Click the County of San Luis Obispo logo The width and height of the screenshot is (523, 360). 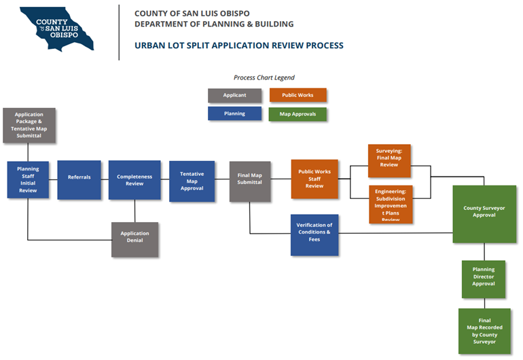(57, 29)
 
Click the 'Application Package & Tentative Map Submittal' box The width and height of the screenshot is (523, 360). (29, 125)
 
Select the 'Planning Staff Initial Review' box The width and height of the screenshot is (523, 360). (28, 180)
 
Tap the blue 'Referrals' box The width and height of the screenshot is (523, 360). (79, 179)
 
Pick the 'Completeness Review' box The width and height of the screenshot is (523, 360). (134, 179)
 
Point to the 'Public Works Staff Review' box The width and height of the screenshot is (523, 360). (314, 179)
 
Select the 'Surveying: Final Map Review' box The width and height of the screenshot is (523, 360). (390, 160)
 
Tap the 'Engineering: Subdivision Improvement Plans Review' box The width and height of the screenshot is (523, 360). (391, 204)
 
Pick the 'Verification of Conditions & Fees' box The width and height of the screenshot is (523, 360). (314, 234)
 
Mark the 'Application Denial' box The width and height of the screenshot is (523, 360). (134, 239)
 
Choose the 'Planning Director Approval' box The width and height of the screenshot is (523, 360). (484, 278)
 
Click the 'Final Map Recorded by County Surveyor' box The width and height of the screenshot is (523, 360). (484, 331)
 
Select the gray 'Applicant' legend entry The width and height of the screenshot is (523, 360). (234, 95)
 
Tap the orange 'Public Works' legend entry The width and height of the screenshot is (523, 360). (297, 95)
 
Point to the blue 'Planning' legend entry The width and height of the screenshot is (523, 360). (234, 113)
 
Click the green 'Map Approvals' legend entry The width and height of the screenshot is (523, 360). (297, 114)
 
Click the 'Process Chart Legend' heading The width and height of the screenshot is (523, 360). (264, 77)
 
